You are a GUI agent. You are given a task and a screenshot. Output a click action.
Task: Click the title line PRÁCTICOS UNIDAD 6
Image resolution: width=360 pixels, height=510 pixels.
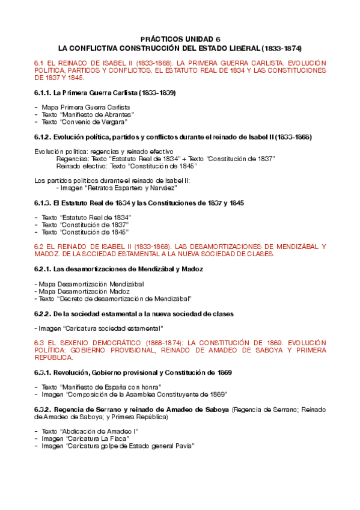pos(180,37)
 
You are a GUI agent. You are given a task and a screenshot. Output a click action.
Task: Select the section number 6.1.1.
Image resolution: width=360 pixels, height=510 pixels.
pos(43,93)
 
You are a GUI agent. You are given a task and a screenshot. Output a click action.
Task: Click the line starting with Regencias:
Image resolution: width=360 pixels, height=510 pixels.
pos(165,159)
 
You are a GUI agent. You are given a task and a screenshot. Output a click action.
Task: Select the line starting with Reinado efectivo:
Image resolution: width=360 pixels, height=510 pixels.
pos(126,166)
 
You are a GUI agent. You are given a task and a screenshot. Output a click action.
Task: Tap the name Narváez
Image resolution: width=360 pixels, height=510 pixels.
pos(163,188)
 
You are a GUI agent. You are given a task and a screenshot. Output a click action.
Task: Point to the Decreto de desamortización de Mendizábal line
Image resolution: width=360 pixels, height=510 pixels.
pos(115,298)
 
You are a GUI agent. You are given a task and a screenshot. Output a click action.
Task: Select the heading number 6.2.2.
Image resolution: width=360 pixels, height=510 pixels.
pos(43,314)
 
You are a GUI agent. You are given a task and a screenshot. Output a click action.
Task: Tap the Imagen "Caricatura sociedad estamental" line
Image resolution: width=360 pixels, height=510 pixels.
pos(99,328)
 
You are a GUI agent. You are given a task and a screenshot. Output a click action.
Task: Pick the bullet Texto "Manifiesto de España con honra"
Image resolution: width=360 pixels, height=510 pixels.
pos(102,387)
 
